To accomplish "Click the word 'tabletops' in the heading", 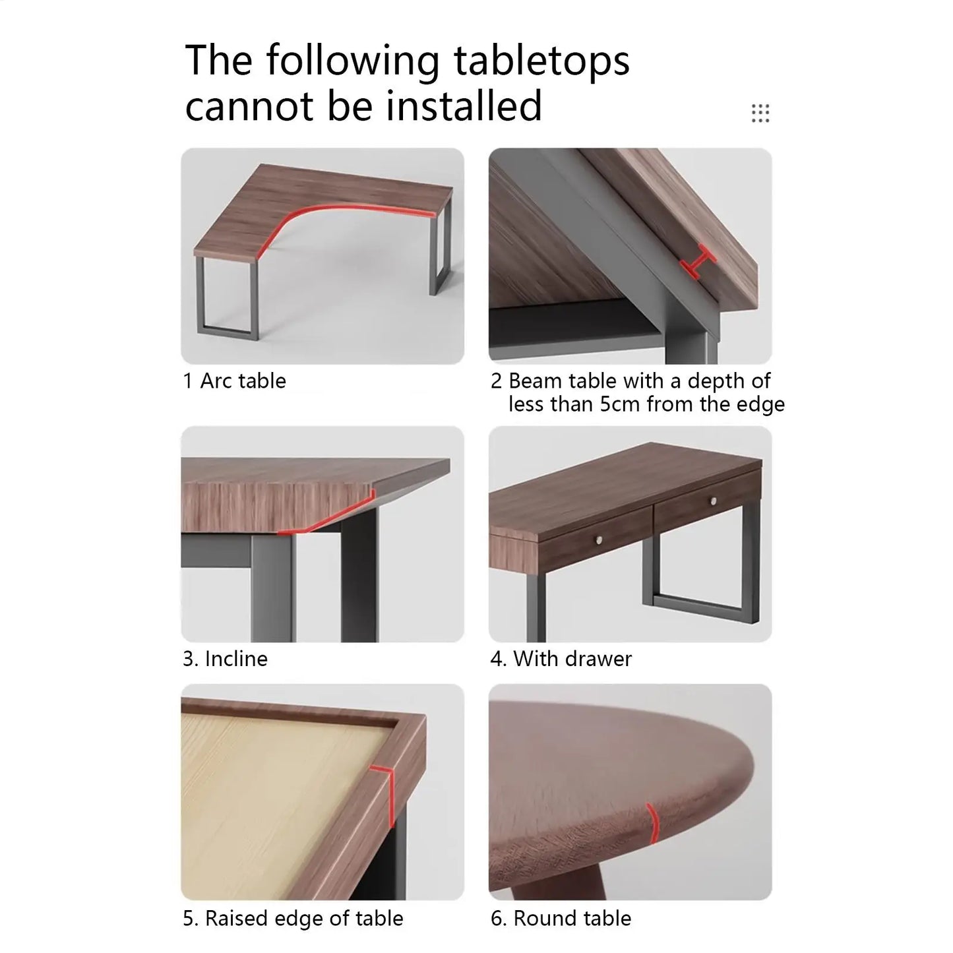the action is pyautogui.click(x=541, y=61).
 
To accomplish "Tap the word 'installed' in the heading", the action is pyautogui.click(x=464, y=106).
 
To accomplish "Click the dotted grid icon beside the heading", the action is pyautogui.click(x=760, y=113).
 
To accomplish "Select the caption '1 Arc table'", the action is pyautogui.click(x=234, y=381).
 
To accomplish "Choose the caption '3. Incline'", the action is pyautogui.click(x=225, y=660).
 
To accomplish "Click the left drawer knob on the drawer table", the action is pyautogui.click(x=600, y=539).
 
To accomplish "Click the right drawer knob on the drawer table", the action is pyautogui.click(x=713, y=501).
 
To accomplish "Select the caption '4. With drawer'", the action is pyautogui.click(x=561, y=660).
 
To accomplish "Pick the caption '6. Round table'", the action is pyautogui.click(x=561, y=919).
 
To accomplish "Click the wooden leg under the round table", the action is pyautogui.click(x=559, y=884).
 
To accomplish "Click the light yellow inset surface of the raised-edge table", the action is pyautogui.click(x=277, y=801).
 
